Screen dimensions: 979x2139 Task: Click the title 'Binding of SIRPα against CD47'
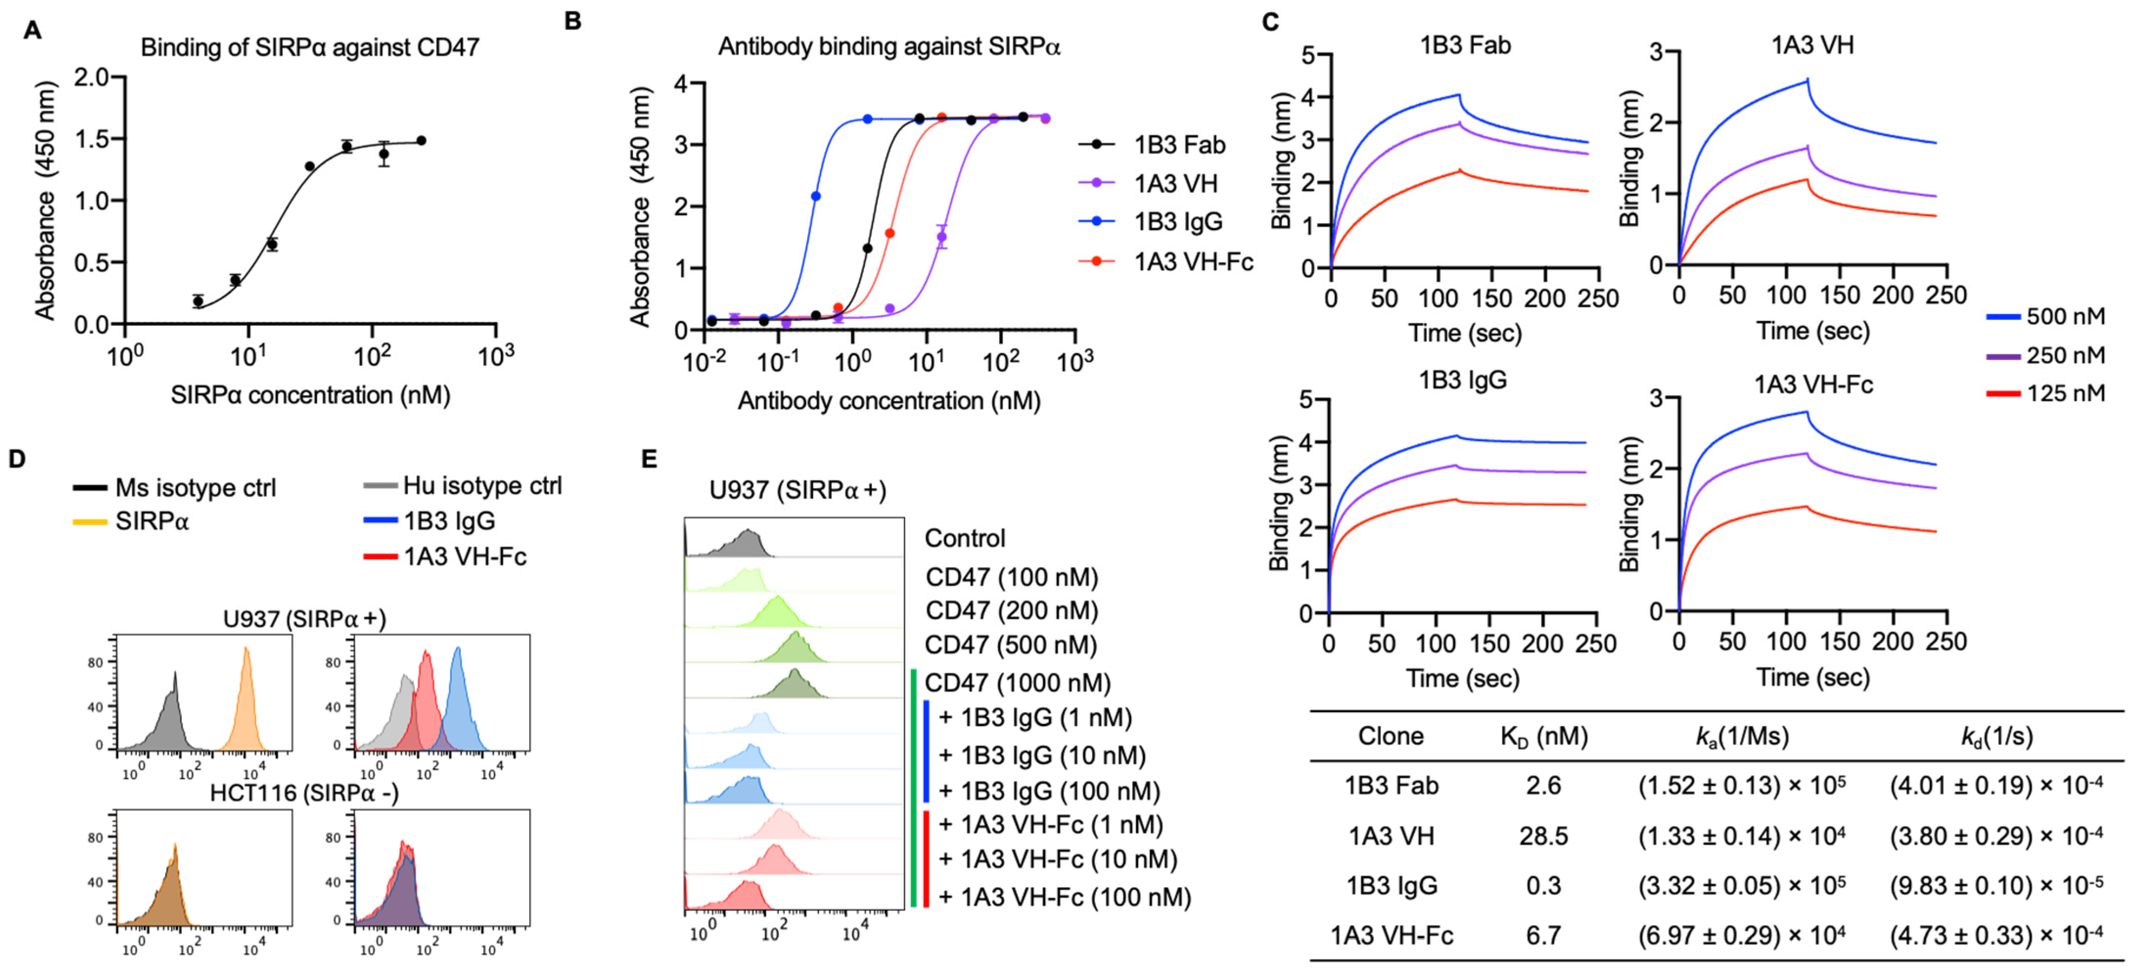[x=310, y=47]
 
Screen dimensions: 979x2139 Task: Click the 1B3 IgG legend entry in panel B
[x=1178, y=222]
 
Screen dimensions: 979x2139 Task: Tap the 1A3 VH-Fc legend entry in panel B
[x=1192, y=262]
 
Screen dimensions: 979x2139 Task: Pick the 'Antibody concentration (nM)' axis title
[x=888, y=401]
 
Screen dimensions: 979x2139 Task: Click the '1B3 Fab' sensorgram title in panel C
[x=1465, y=45]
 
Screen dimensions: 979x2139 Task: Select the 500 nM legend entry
[x=2064, y=317]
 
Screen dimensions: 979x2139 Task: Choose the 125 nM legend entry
[x=2064, y=393]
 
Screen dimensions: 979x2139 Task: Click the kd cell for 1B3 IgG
[x=1995, y=885]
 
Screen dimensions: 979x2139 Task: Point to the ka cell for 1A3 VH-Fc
[x=1741, y=935]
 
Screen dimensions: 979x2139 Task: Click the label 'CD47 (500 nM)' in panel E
[x=1010, y=645]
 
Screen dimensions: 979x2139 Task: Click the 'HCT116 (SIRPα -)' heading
[x=304, y=793]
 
